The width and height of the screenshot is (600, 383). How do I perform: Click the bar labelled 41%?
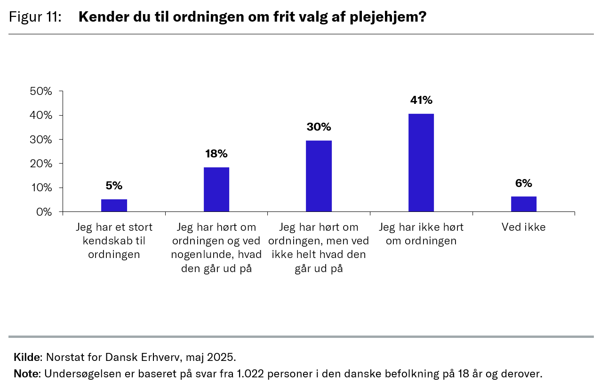click(x=421, y=163)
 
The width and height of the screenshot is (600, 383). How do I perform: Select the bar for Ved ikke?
click(x=523, y=204)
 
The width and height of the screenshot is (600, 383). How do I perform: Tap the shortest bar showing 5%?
click(x=114, y=205)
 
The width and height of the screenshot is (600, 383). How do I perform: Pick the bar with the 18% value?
click(x=216, y=189)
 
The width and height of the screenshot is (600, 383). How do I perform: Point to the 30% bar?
click(x=319, y=176)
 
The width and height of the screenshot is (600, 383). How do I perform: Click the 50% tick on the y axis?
click(x=41, y=91)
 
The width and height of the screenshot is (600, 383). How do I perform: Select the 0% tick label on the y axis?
click(x=44, y=212)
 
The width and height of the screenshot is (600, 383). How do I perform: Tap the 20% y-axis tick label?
click(x=41, y=164)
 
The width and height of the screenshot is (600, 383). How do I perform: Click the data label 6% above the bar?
click(x=523, y=183)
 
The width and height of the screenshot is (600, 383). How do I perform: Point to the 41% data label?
click(x=421, y=100)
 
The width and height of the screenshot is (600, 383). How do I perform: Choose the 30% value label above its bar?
click(x=319, y=127)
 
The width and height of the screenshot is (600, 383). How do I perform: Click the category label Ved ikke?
click(x=523, y=227)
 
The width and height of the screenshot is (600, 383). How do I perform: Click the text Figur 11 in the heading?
click(x=35, y=17)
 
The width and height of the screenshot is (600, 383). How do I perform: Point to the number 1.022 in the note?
click(x=247, y=374)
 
